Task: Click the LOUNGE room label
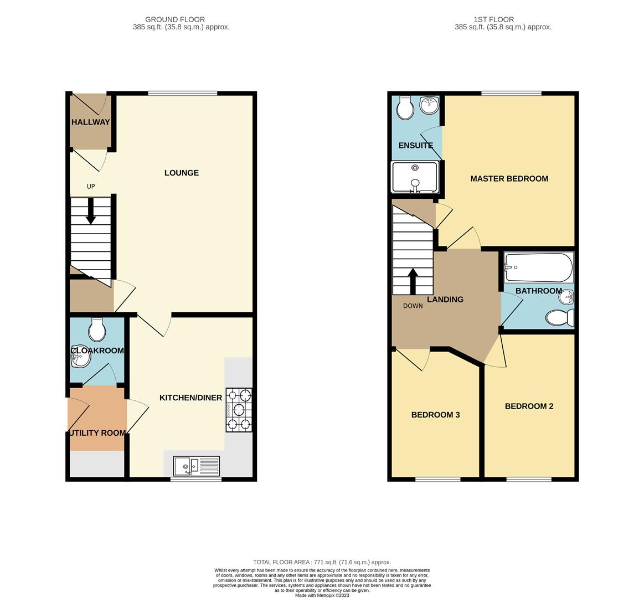tap(181, 173)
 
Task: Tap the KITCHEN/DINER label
tap(190, 398)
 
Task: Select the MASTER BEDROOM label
tap(509, 178)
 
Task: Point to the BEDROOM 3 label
tap(435, 415)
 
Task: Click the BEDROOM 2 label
tap(529, 406)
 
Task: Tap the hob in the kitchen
tap(239, 410)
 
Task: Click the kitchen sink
tap(196, 466)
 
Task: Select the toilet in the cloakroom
tap(97, 331)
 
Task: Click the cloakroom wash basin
tap(80, 358)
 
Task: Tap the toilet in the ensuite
tap(405, 109)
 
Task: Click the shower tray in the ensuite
tap(415, 177)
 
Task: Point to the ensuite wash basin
tap(429, 104)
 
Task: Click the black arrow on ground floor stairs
tap(90, 212)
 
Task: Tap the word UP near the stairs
tap(91, 187)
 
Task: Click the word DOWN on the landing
tap(413, 306)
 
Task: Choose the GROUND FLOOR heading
tap(175, 19)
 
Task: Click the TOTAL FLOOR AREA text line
tap(322, 562)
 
